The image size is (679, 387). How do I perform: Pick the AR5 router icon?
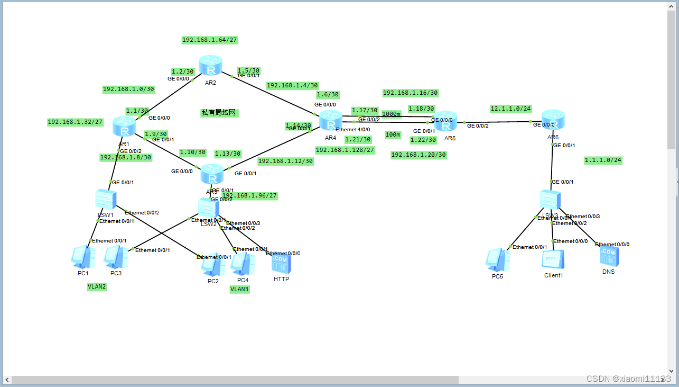(x=445, y=122)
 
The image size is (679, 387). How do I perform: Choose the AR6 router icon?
(x=553, y=121)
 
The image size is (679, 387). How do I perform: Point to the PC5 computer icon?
(x=498, y=260)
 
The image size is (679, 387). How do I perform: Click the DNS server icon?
(x=609, y=256)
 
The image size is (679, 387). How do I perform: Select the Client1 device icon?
(x=553, y=260)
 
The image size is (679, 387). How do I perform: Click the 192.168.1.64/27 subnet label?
(x=209, y=40)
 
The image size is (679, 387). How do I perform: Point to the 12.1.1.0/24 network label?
(x=510, y=109)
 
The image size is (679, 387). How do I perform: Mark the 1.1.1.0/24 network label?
(x=603, y=160)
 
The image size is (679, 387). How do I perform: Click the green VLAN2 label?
(x=97, y=286)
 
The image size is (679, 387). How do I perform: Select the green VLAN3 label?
(x=239, y=289)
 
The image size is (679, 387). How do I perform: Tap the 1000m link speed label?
(x=391, y=114)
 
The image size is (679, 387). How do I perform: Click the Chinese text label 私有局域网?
(x=219, y=113)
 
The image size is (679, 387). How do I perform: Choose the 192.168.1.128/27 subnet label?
(x=345, y=150)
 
